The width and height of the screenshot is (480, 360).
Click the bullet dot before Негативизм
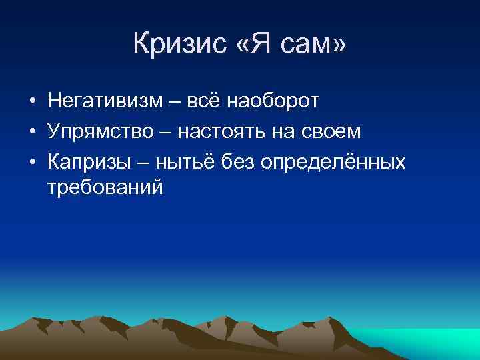32,102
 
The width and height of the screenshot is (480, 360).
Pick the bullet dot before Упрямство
32,133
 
